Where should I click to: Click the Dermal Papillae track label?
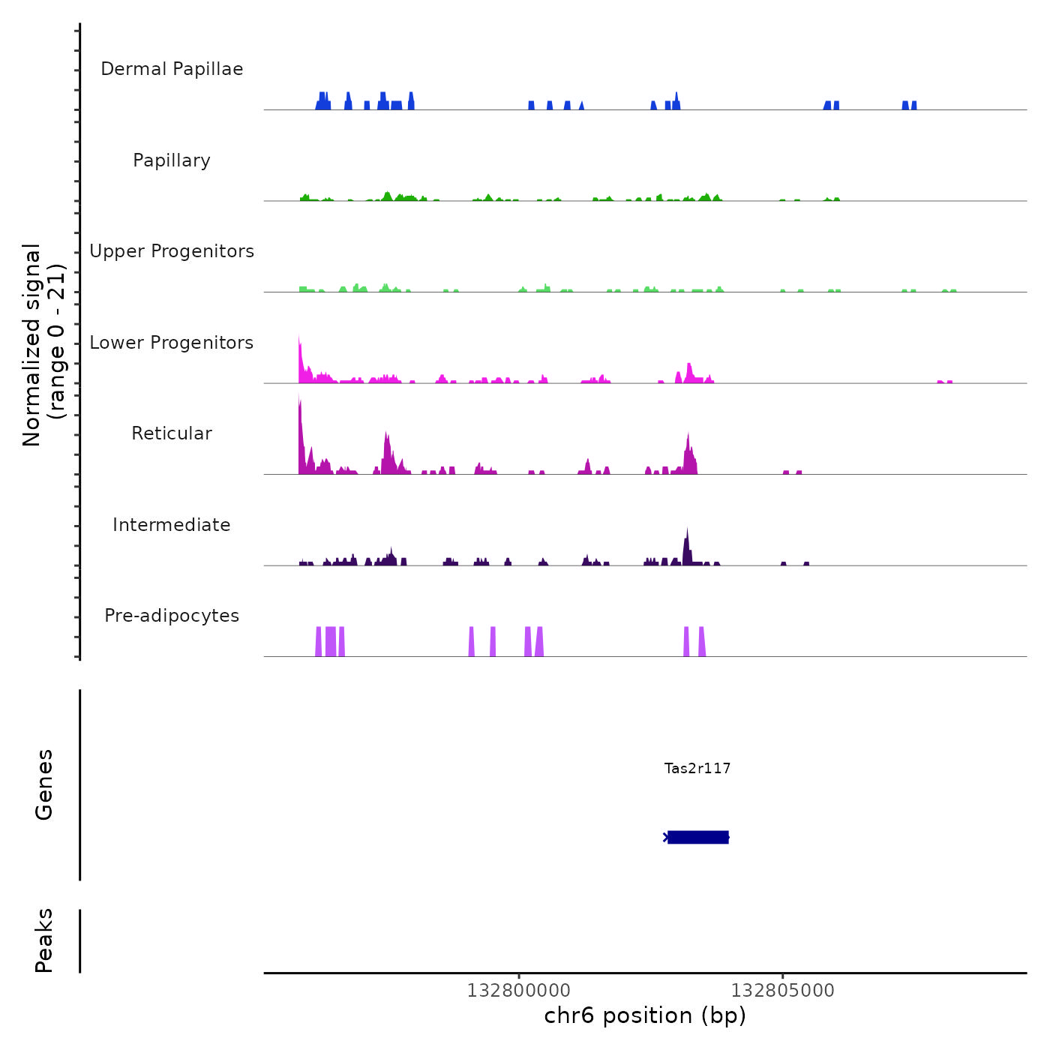click(172, 69)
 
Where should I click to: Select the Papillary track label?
click(172, 160)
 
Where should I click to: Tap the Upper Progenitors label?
click(172, 251)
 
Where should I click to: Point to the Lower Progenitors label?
click(172, 343)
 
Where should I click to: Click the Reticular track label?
click(172, 433)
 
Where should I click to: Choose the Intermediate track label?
click(172, 525)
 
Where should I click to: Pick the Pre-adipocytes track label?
click(172, 616)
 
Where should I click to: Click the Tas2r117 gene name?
click(697, 768)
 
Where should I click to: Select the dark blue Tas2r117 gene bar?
click(698, 837)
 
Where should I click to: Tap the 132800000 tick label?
click(519, 991)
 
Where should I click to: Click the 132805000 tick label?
click(783, 991)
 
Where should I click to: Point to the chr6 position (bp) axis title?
click(645, 1015)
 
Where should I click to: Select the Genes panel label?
click(44, 784)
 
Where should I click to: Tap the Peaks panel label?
click(44, 940)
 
